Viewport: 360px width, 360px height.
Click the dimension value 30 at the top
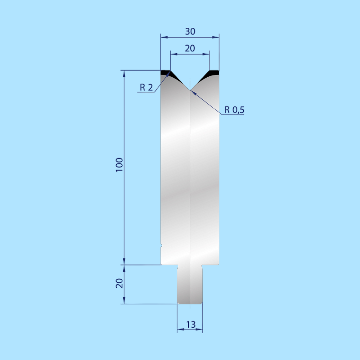(190, 31)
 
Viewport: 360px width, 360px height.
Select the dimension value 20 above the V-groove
(190, 48)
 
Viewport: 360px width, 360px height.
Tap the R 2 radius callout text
(146, 87)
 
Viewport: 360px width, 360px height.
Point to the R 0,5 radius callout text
(234, 110)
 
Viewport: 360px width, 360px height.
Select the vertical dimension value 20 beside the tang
(119, 283)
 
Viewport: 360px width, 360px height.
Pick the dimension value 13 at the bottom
(190, 324)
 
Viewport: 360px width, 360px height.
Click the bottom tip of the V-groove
(190, 90)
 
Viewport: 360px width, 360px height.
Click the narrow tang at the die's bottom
(190, 285)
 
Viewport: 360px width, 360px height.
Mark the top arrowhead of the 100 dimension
(124, 73)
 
